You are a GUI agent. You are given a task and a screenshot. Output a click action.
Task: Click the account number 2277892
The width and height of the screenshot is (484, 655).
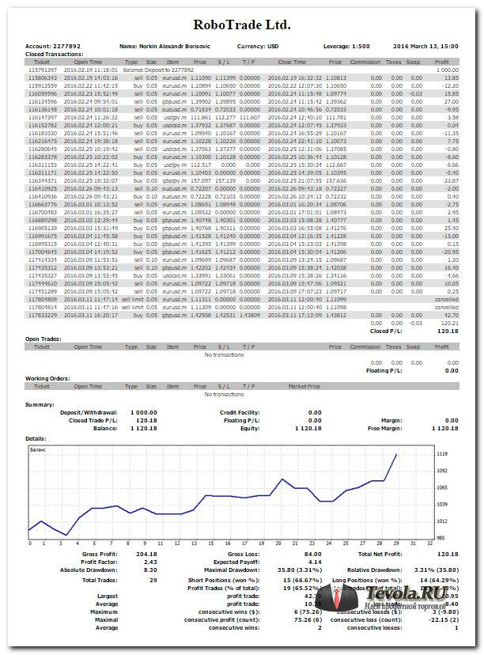coord(70,46)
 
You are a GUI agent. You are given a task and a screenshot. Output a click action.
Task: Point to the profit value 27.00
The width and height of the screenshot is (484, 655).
coord(452,102)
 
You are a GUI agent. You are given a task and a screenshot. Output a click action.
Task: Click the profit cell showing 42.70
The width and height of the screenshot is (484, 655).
coord(452,316)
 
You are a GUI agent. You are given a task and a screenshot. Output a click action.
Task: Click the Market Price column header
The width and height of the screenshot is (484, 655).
coord(304,387)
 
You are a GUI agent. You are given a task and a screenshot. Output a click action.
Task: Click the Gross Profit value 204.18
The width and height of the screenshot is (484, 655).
coord(146,555)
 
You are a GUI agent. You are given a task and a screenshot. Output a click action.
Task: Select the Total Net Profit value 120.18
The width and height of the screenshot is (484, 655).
coord(448,555)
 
